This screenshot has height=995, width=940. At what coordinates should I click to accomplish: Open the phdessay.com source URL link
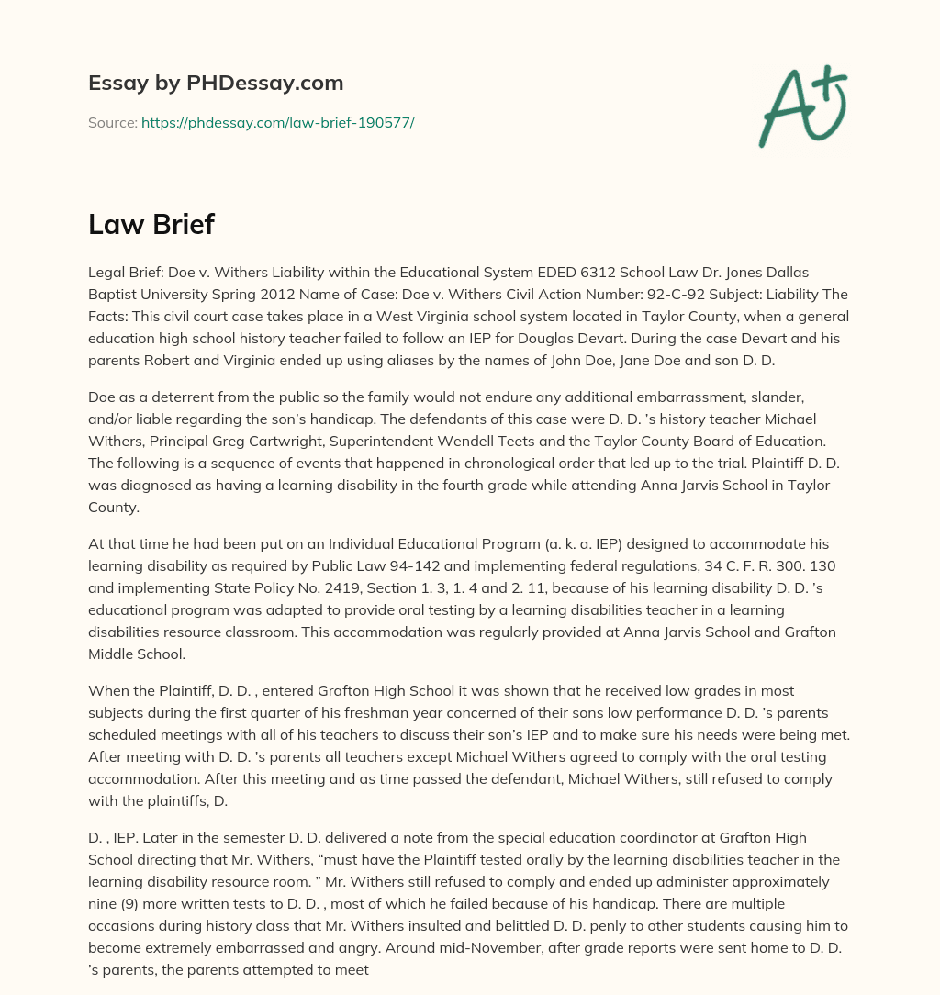[277, 122]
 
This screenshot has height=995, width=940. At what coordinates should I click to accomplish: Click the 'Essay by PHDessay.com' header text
[216, 84]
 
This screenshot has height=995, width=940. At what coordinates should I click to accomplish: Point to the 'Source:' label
[112, 122]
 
